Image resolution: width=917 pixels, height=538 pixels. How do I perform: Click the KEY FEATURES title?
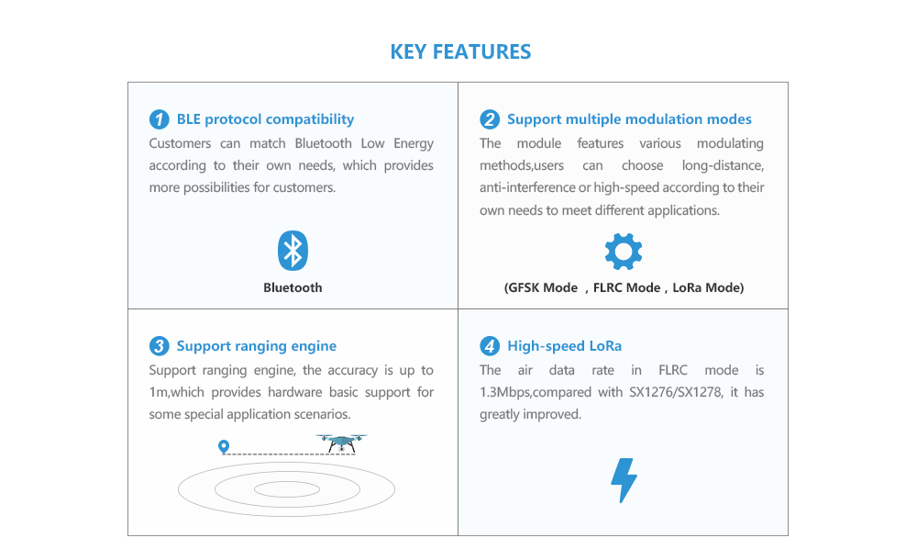(461, 51)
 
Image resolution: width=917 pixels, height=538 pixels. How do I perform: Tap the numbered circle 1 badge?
(159, 119)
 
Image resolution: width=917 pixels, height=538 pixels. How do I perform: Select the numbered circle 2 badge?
(490, 119)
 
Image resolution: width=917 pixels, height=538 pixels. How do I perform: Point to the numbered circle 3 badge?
(159, 346)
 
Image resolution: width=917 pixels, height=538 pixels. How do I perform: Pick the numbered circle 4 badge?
(490, 346)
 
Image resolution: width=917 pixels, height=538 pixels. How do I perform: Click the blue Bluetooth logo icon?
(293, 251)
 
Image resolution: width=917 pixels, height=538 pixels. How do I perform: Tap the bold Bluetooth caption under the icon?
(293, 287)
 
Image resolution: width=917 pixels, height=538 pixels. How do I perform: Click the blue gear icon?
(624, 252)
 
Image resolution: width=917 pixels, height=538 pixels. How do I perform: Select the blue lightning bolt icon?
(624, 480)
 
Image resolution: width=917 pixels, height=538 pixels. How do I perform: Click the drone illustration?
(341, 443)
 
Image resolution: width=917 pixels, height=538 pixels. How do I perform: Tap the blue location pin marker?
(224, 447)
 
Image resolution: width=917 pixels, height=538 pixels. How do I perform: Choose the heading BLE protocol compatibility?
(266, 119)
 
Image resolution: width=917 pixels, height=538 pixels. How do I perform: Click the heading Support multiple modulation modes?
(629, 119)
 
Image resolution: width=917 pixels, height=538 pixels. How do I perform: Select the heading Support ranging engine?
(257, 346)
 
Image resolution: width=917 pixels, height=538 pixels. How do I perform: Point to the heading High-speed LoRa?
(564, 346)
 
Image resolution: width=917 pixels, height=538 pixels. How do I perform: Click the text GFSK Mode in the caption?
(543, 288)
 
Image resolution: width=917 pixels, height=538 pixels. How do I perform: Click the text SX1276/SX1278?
(676, 392)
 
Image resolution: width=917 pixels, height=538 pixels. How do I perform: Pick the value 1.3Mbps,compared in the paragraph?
(536, 392)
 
